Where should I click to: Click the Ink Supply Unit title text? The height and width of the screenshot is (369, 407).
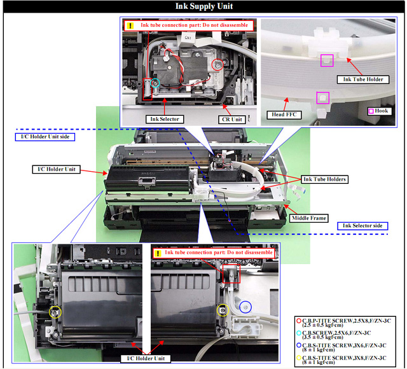[x=204, y=6]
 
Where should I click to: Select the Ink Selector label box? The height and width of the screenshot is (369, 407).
[x=165, y=119]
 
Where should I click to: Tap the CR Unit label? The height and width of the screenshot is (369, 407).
[x=231, y=120]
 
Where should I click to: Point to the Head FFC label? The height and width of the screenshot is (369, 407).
[x=284, y=115]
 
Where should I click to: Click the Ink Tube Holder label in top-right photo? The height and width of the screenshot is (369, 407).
[x=363, y=80]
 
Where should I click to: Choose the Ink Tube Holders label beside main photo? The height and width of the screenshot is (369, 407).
[x=324, y=179]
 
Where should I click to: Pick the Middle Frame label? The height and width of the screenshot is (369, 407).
[x=308, y=218]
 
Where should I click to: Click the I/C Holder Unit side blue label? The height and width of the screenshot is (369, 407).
[x=45, y=137]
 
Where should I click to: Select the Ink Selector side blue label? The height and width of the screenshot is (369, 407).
[x=362, y=226]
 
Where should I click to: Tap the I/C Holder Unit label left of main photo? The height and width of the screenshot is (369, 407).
[x=57, y=169]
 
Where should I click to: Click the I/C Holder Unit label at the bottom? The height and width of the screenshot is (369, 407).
[x=146, y=359]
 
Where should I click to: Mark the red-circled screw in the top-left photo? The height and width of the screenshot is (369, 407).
[x=217, y=65]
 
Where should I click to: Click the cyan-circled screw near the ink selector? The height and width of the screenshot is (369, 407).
[x=155, y=83]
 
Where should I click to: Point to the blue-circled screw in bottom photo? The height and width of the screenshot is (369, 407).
[x=245, y=307]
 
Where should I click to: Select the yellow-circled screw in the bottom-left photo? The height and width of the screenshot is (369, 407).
[x=55, y=312]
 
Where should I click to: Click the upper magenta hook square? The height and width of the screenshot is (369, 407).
[x=327, y=60]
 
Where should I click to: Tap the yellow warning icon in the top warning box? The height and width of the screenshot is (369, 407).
[x=130, y=25]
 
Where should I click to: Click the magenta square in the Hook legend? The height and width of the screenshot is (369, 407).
[x=371, y=111]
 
